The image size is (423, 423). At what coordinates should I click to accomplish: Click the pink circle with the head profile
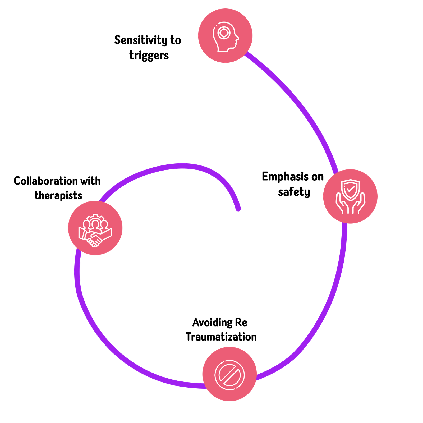pyautogui.click(x=225, y=35)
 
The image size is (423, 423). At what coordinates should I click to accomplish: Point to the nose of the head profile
pyautogui.click(x=238, y=38)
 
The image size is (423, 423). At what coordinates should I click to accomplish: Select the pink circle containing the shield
pyautogui.click(x=350, y=196)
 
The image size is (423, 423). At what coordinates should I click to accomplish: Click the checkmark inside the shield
pyautogui.click(x=350, y=189)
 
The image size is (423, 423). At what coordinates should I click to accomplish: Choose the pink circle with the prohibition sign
pyautogui.click(x=229, y=374)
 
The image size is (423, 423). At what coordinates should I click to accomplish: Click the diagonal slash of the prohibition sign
pyautogui.click(x=229, y=374)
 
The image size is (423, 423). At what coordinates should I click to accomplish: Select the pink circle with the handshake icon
pyautogui.click(x=95, y=228)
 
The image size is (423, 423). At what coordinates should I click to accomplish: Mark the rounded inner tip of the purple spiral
pyautogui.click(x=238, y=209)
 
